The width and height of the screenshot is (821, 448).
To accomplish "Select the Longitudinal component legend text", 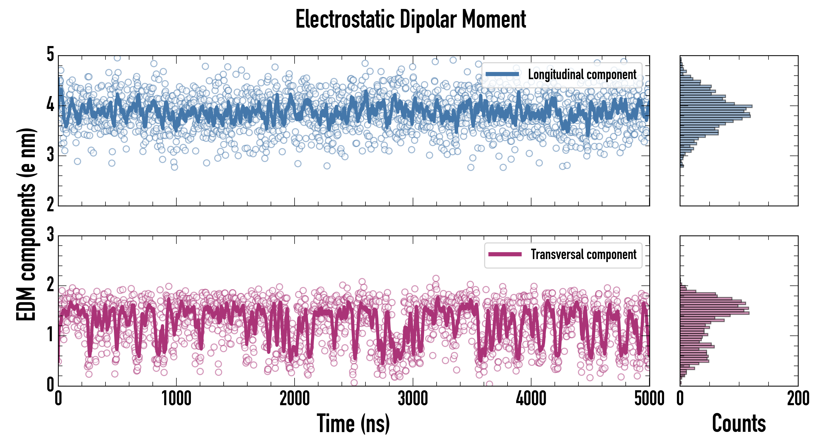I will click(x=582, y=75).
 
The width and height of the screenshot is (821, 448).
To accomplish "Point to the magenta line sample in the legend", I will click(x=505, y=254).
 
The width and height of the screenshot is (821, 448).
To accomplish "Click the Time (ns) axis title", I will click(x=353, y=423).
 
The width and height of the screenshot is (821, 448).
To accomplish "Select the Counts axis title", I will click(x=739, y=423).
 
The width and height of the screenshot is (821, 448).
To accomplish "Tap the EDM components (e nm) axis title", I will click(x=26, y=224).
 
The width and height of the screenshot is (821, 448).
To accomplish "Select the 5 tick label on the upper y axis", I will click(x=50, y=55).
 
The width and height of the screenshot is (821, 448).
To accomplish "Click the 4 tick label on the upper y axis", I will click(x=50, y=105).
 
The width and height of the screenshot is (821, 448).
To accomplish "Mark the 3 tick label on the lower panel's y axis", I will click(x=50, y=235).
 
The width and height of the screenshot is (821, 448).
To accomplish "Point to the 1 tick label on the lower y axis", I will click(x=50, y=335).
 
